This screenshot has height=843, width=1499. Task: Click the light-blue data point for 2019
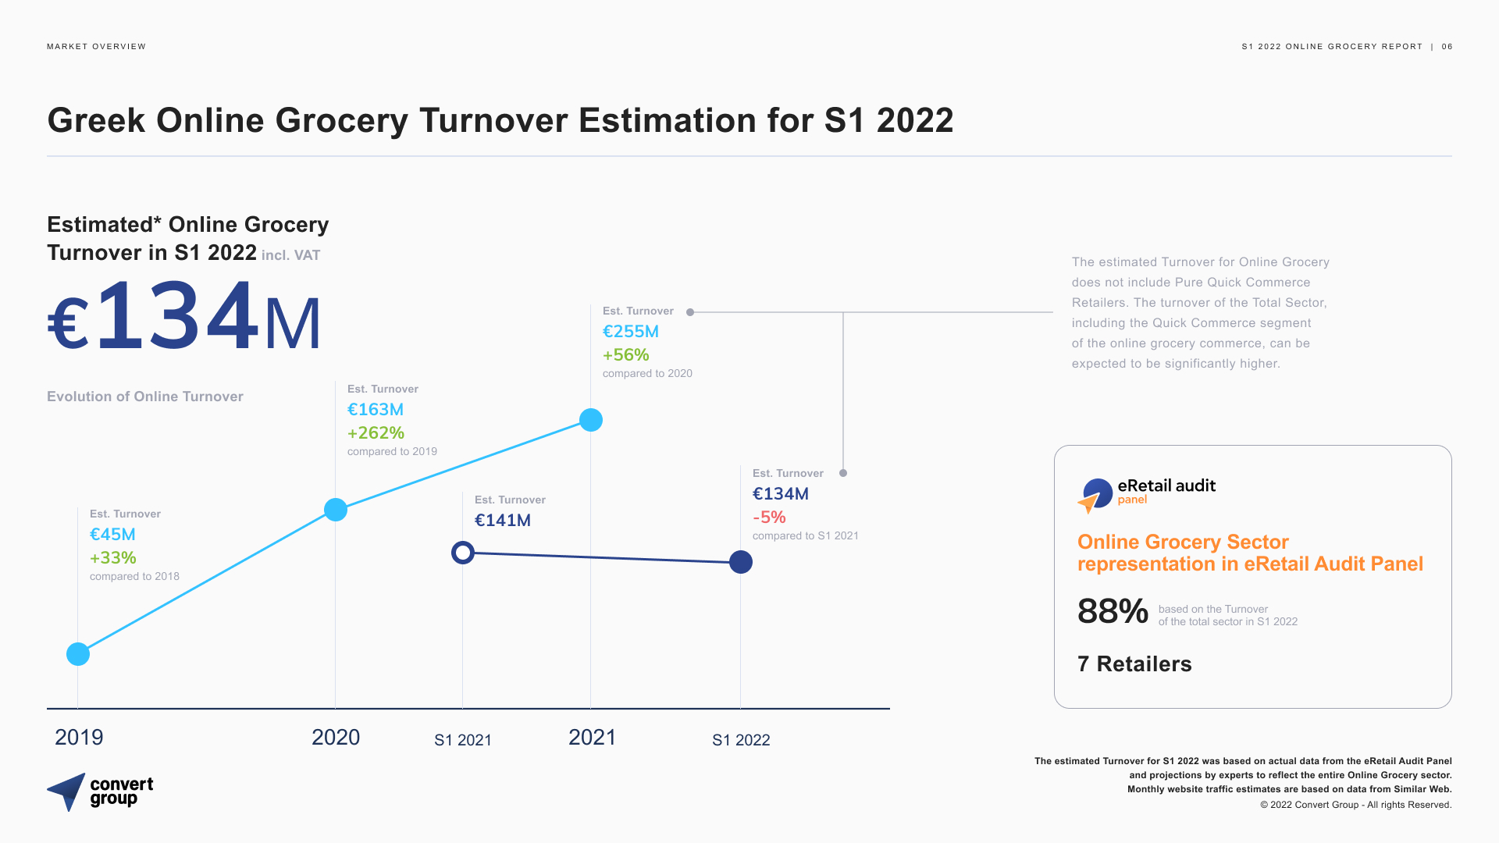coord(78,654)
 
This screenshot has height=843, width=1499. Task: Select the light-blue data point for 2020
coord(336,510)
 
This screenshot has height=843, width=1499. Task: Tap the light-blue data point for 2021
coord(591,420)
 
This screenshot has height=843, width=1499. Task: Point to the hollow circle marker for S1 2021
coord(463,553)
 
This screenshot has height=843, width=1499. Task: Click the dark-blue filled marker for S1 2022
coord(741,562)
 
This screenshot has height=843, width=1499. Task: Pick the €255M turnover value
coord(631,332)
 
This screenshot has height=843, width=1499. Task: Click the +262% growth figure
coord(376,433)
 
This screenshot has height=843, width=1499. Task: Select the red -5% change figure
coord(769,518)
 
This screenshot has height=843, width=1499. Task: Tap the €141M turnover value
coord(503,521)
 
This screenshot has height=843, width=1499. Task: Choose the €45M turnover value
coord(112,535)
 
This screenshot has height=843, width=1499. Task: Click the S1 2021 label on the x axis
coord(463,740)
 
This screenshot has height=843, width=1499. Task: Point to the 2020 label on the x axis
coord(336,738)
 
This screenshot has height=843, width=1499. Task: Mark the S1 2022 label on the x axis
coord(741,740)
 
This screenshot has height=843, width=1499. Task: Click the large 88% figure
coord(1113,611)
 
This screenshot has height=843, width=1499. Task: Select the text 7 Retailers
coord(1134,664)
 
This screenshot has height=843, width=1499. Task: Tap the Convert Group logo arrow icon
coord(67,791)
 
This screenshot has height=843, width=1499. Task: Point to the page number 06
coord(1447,47)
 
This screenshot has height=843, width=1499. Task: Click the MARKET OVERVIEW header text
coord(96,47)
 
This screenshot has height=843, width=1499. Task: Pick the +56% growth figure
coord(626,355)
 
